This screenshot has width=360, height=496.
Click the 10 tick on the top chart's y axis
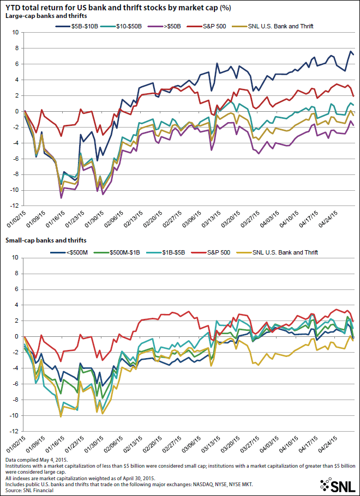coord(15,33)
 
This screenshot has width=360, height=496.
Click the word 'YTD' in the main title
coord(13,6)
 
